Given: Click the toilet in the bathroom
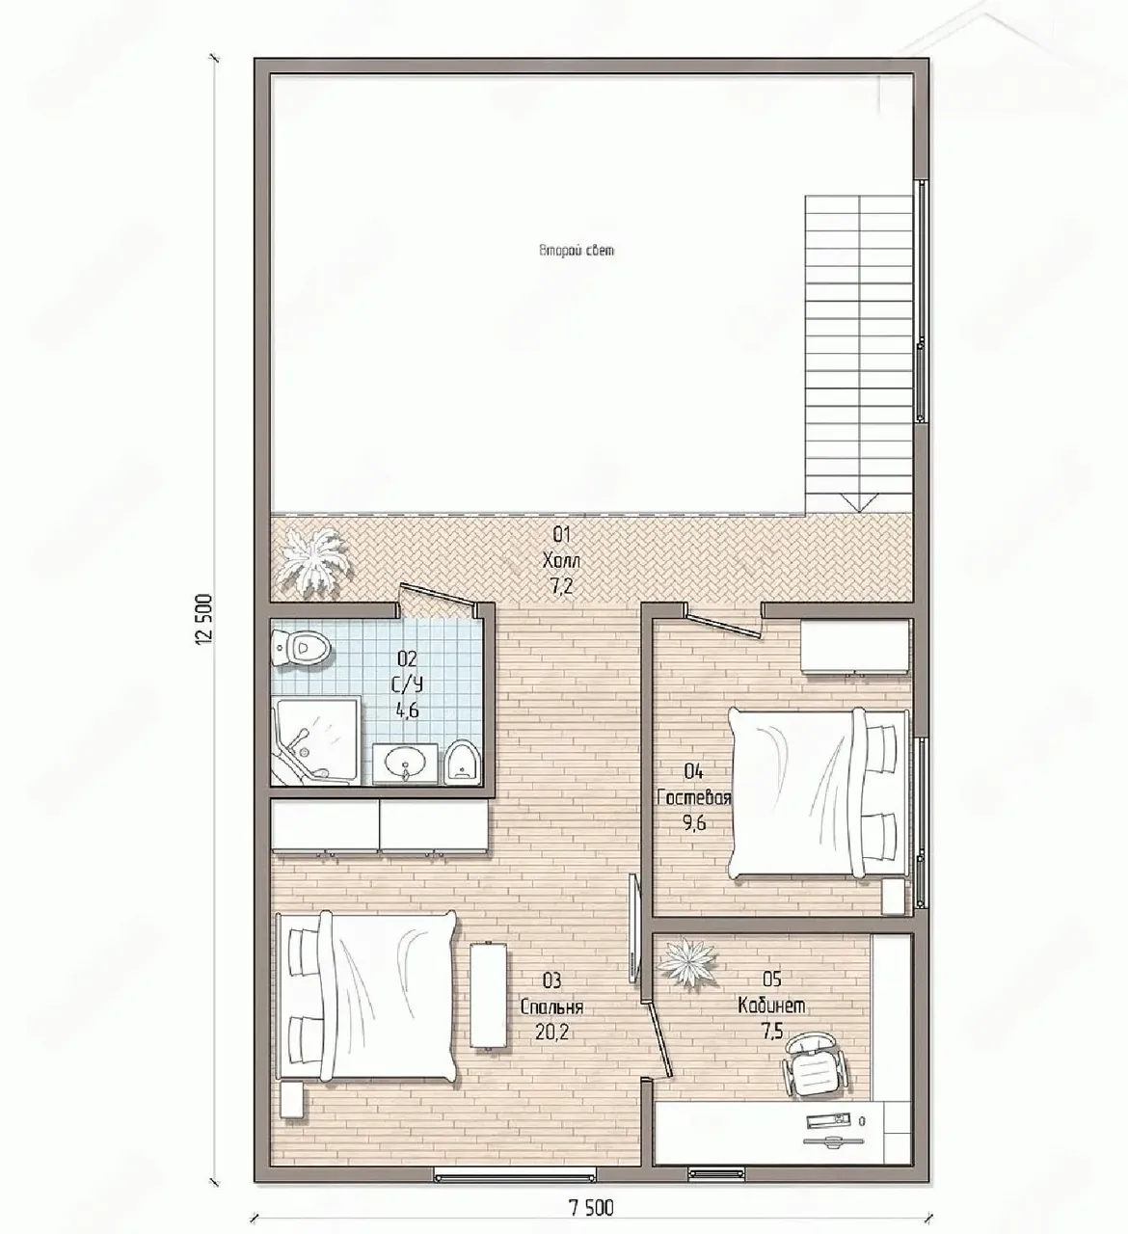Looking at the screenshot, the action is [302, 648].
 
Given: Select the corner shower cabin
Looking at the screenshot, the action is [316, 740].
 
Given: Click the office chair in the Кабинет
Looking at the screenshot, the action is [815, 1066].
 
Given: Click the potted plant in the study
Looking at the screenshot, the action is [687, 963].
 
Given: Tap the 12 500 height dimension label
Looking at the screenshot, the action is [204, 619].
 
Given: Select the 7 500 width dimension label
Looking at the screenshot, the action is [591, 1208].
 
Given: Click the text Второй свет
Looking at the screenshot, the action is [577, 251].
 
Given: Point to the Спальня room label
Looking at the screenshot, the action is [552, 1007].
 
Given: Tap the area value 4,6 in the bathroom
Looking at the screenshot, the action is [407, 711].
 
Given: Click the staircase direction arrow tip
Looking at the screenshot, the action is [860, 512].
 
